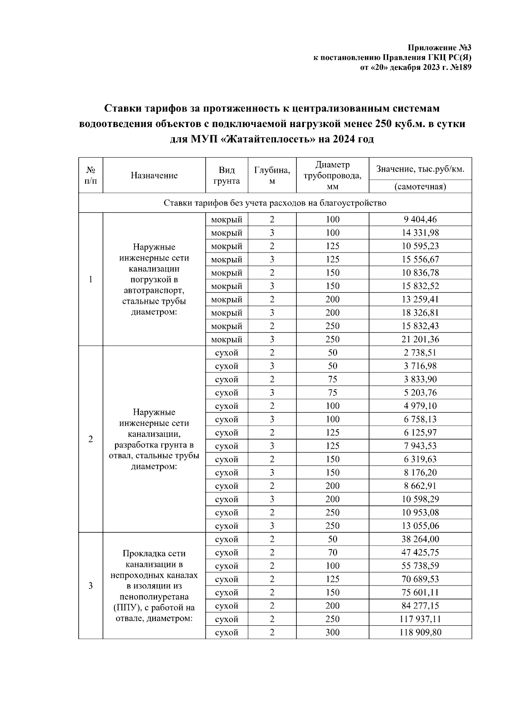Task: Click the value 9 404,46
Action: point(420,219)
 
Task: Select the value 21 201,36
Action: point(420,339)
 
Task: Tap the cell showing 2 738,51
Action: point(420,353)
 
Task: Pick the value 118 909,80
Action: point(420,633)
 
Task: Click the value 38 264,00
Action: point(420,539)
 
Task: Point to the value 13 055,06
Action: point(420,526)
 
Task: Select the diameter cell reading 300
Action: point(332,633)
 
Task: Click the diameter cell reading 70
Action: point(332,552)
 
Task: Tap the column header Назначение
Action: point(154,175)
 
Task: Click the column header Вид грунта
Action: point(226,175)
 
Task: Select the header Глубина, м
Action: point(272,175)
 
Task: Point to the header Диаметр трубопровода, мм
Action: point(332,175)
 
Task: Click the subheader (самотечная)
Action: point(420,186)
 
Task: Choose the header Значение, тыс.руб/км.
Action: point(420,169)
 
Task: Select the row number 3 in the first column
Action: point(91,586)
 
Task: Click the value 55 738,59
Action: point(420,566)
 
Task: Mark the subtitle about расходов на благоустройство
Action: point(275,203)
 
